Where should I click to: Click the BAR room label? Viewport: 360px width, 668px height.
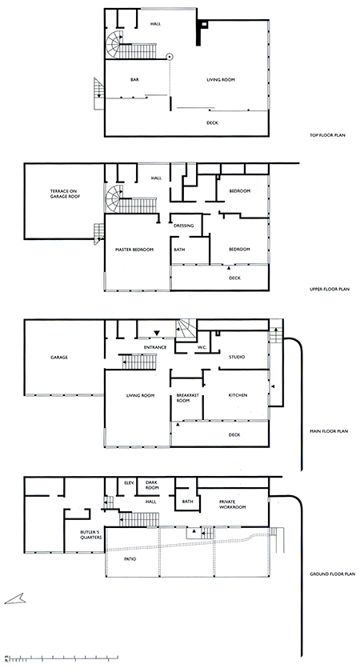[134, 80]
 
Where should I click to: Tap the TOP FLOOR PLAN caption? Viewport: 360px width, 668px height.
[328, 135]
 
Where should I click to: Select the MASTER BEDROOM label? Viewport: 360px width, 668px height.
[134, 250]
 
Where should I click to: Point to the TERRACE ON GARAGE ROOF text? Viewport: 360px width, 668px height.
[63, 194]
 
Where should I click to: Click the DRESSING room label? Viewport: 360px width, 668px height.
[184, 226]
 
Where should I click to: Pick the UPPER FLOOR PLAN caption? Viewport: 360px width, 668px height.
[330, 290]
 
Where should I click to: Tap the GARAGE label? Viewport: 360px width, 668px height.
[58, 358]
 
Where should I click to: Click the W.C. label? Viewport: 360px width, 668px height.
[202, 348]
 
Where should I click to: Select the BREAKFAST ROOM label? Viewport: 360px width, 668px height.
[188, 398]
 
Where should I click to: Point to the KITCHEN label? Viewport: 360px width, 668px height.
[238, 395]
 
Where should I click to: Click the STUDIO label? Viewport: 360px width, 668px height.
[237, 357]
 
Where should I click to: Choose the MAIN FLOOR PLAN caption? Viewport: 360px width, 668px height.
[329, 431]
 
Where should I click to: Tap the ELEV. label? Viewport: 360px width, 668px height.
[129, 482]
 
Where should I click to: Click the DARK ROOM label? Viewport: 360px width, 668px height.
[152, 485]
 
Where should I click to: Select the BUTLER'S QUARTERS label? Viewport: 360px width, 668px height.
[91, 534]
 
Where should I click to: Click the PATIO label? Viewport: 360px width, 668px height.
[130, 559]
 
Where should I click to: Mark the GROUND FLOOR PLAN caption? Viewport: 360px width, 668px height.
[332, 574]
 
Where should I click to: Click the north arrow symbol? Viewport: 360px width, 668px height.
[15, 599]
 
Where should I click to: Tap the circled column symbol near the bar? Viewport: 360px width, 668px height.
[170, 56]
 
